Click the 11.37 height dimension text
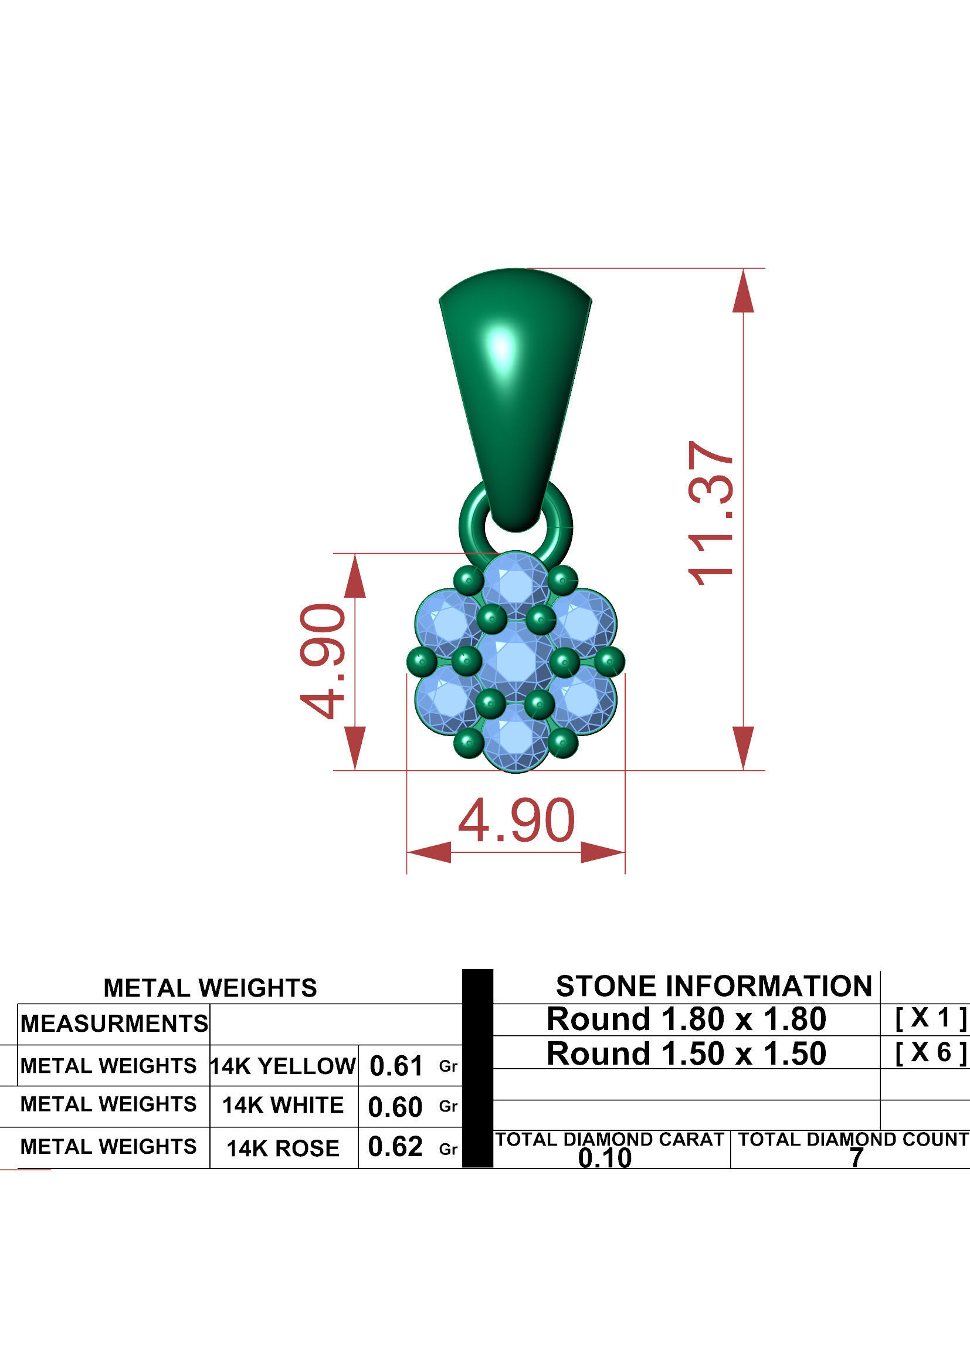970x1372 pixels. [x=711, y=513]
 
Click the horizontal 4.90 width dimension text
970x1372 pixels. [x=516, y=822]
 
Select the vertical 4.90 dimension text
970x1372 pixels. [x=323, y=661]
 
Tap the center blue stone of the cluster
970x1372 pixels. [x=515, y=661]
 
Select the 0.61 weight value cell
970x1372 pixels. [x=396, y=1066]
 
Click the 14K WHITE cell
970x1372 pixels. [x=283, y=1105]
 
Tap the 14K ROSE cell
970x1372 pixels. [x=283, y=1148]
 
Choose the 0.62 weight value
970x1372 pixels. [x=395, y=1147]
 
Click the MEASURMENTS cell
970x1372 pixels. [x=114, y=1024]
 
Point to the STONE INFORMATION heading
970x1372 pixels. [x=714, y=987]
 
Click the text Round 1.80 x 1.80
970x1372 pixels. [x=686, y=1019]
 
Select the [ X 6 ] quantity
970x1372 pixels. [x=930, y=1053]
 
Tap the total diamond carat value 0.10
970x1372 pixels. [x=605, y=1158]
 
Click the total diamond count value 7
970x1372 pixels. [x=856, y=1158]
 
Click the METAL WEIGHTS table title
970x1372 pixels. [x=211, y=988]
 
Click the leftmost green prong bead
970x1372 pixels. [x=422, y=661]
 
